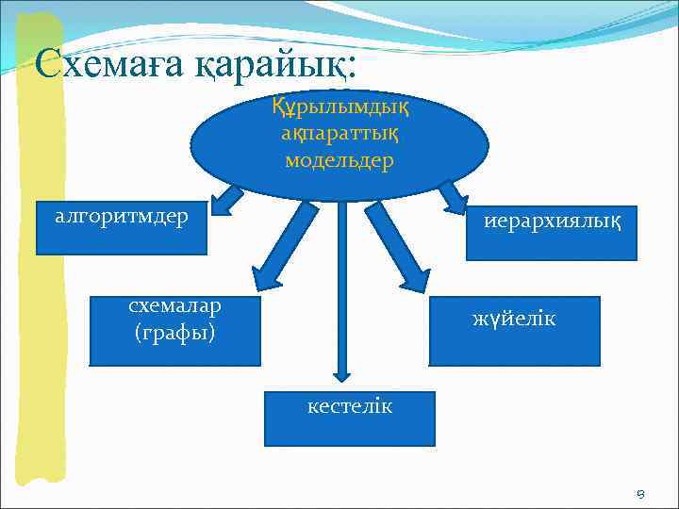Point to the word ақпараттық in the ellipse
(339, 135)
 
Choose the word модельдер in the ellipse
(339, 160)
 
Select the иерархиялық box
(552, 233)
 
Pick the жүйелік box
(514, 331)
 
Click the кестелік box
(349, 419)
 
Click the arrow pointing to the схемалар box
(284, 248)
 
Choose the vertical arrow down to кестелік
(342, 292)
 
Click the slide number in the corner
(640, 493)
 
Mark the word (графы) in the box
(174, 333)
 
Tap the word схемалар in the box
(174, 306)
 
